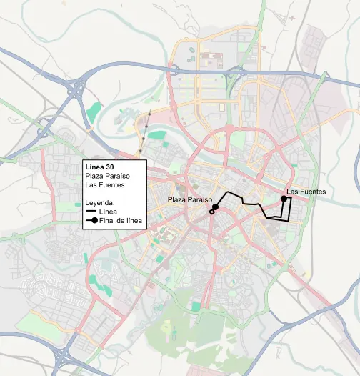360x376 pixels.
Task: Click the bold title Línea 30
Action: coord(99,167)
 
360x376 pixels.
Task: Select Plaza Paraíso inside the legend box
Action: coord(107,176)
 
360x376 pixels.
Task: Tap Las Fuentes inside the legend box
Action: coord(104,185)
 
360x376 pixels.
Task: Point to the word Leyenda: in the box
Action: coord(100,202)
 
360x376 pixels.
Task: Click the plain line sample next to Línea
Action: coord(90,212)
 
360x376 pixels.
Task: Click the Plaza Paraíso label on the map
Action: coord(190,199)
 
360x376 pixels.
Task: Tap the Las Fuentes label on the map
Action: coord(306,192)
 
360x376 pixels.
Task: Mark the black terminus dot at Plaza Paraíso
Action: coord(215,207)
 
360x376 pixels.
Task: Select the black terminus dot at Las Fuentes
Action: coord(284,199)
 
